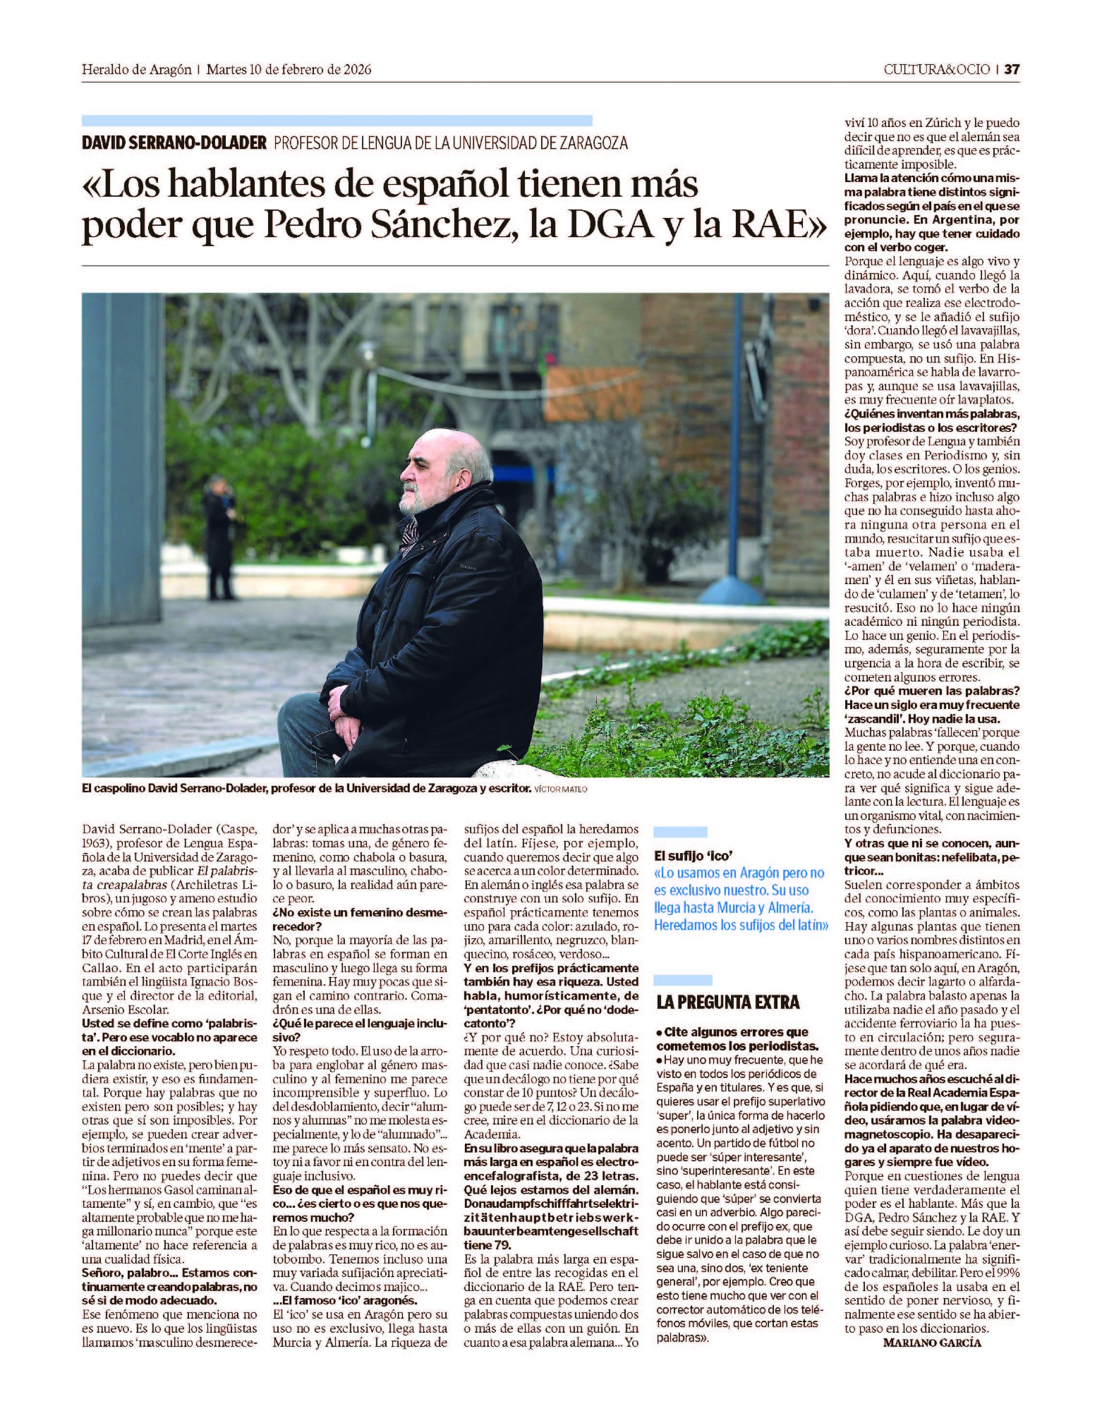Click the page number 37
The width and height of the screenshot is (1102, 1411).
1012,70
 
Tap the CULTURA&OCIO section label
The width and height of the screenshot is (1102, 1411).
936,70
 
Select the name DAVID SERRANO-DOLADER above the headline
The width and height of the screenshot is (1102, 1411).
174,143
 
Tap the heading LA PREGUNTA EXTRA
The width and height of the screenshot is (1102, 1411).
727,1002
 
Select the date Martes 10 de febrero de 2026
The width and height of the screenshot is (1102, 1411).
289,70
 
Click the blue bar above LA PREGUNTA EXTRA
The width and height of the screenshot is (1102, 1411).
683,979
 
